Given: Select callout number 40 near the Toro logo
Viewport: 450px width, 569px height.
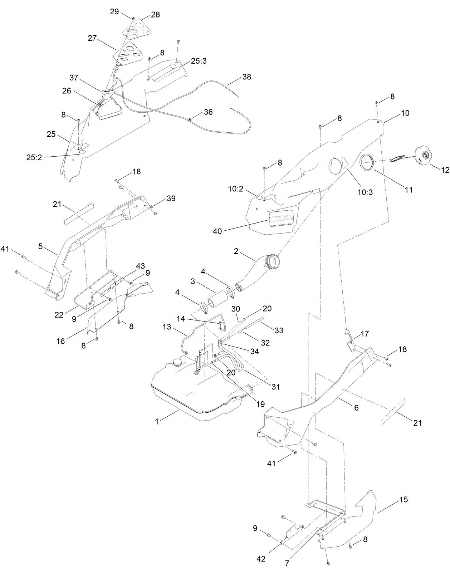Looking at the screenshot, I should [x=217, y=231].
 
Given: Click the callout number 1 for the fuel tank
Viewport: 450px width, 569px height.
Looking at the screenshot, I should [x=157, y=422].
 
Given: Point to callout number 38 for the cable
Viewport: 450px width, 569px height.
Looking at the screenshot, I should [x=246, y=77].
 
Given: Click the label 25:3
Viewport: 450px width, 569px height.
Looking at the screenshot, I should [x=199, y=61].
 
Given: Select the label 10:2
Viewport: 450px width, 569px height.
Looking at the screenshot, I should [x=236, y=188].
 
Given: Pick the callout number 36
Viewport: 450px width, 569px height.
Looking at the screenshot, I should [x=208, y=112].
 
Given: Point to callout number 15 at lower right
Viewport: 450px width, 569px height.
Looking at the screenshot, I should [x=403, y=500].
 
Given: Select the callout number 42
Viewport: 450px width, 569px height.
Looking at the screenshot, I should [x=261, y=559].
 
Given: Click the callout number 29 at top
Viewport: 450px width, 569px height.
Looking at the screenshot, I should [x=114, y=11].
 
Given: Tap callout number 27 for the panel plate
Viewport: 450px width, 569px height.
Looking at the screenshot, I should [x=92, y=38].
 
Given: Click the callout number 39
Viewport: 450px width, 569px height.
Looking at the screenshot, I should [x=171, y=198].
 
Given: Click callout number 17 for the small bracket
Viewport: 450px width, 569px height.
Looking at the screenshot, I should [x=365, y=334].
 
